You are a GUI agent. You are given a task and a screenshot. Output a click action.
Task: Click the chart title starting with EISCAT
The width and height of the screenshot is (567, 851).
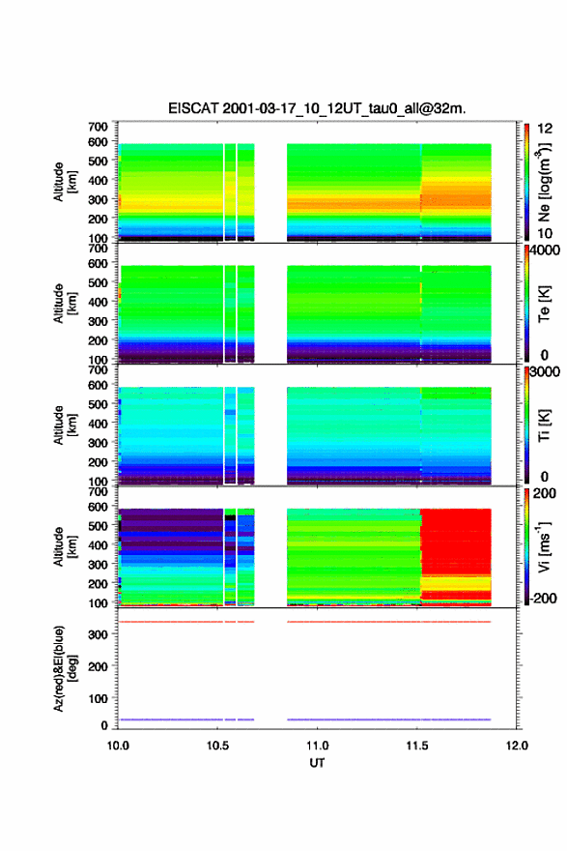317,108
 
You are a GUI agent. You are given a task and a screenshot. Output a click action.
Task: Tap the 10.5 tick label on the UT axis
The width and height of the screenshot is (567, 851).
217,746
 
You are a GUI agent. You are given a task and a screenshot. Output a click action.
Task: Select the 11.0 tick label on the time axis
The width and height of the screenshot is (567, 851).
317,746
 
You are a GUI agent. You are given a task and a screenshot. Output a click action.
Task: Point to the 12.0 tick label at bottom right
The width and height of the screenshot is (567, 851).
517,746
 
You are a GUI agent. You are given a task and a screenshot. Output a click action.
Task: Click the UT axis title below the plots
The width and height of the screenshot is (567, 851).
317,763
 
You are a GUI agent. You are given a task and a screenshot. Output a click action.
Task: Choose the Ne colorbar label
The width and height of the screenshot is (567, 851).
544,183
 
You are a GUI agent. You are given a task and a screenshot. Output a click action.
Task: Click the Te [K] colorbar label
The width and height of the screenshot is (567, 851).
544,304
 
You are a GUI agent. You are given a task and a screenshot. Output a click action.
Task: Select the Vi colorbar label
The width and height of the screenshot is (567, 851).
544,546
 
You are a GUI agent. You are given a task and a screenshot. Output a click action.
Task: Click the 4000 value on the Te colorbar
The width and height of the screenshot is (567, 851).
544,250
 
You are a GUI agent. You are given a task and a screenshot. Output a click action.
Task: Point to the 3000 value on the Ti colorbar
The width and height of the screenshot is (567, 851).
544,372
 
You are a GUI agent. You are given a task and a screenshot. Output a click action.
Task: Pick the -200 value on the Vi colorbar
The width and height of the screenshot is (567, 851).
542,598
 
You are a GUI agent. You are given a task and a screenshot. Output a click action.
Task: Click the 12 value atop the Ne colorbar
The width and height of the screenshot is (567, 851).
545,129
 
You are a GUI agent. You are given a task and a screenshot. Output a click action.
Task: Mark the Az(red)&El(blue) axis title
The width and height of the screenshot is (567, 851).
65,668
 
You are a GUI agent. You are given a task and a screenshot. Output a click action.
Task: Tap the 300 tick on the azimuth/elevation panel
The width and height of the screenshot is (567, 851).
98,634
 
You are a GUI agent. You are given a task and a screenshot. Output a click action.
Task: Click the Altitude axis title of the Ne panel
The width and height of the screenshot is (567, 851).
65,182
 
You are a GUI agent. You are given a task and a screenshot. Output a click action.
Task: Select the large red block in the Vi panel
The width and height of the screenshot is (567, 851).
456,543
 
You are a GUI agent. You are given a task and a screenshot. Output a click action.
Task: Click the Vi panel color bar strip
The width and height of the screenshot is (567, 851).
526,546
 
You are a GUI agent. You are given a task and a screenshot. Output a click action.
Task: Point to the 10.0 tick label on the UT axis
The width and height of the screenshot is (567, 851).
118,746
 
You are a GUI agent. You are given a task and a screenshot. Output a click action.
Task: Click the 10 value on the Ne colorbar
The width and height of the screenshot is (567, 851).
545,233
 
